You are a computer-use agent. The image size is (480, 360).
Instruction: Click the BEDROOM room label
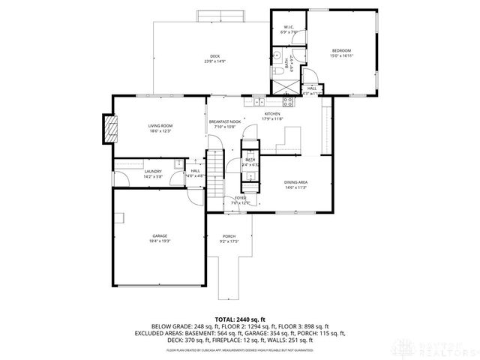342,50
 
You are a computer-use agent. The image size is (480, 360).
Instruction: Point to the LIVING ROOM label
160,126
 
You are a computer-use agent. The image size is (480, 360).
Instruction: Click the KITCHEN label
271,114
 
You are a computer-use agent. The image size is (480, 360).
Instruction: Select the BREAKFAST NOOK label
225,122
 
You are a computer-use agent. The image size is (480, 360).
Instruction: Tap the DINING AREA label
295,182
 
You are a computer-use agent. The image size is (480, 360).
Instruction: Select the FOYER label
240,198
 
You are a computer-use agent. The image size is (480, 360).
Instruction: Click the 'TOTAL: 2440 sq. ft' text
240,319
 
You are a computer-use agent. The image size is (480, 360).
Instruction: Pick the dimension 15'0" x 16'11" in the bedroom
342,55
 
